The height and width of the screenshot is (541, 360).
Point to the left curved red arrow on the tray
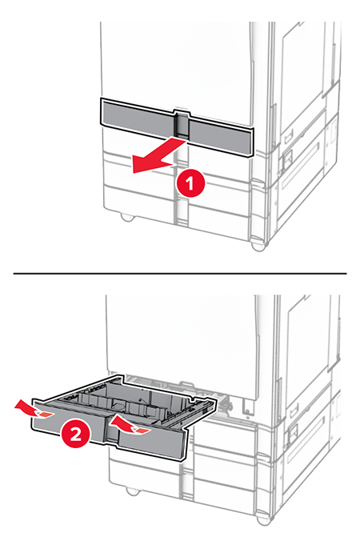(34, 409)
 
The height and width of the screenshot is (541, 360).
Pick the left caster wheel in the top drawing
(126, 218)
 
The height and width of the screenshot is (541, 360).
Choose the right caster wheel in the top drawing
(258, 246)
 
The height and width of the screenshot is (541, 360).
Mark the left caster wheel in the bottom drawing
(133, 491)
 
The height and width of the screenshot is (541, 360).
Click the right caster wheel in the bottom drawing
(264, 520)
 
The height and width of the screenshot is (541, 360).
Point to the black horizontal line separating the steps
(180, 273)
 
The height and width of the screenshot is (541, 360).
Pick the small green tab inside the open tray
(85, 391)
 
